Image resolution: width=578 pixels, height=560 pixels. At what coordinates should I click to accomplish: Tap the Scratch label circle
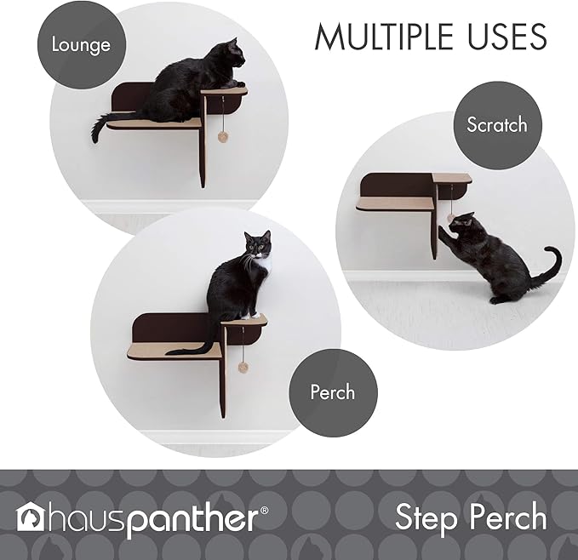[x=496, y=125]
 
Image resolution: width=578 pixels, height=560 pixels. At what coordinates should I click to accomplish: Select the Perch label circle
[x=332, y=392]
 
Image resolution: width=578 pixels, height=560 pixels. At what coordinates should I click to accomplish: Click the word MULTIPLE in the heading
[x=382, y=37]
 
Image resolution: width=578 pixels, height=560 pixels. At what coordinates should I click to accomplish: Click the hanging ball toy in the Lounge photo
[x=223, y=136]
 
